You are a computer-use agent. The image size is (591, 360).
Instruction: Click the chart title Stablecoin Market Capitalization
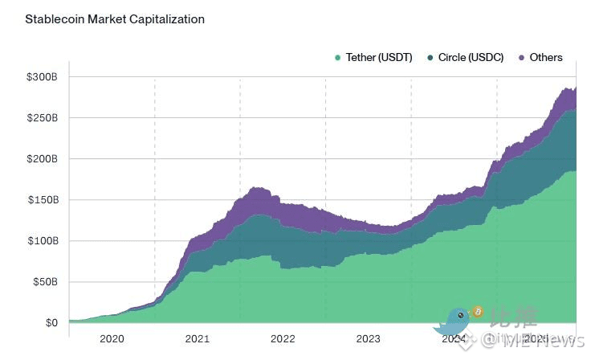[115, 18]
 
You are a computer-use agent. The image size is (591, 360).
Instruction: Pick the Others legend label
[546, 58]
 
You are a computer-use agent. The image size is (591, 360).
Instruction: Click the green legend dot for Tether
[338, 58]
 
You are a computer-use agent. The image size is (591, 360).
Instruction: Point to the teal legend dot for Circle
[430, 58]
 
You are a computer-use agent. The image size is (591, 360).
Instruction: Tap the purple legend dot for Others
[522, 58]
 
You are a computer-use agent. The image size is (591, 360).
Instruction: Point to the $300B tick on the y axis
[42, 77]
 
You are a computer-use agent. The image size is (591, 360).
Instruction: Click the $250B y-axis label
[42, 118]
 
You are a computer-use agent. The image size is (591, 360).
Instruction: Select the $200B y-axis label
[42, 159]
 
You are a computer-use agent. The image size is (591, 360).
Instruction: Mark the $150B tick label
[42, 200]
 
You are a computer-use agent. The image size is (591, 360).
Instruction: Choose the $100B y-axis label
[42, 241]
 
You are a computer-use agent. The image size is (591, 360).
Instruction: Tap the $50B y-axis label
[44, 282]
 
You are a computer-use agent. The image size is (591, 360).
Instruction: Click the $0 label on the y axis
[51, 323]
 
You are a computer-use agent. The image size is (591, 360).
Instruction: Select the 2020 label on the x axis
[112, 339]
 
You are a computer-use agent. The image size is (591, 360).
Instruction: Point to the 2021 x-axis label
[197, 339]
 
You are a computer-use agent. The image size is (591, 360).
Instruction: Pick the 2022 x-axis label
[283, 339]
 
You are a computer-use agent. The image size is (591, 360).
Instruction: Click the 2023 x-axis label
[368, 339]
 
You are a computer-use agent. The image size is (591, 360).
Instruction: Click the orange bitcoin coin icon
[477, 311]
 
